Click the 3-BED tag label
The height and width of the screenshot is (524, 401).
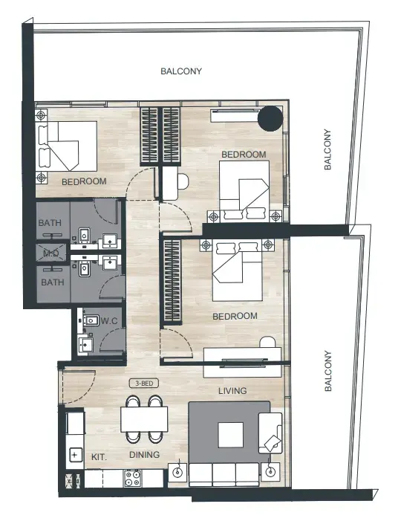(x=144, y=384)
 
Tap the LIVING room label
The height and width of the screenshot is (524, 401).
(x=232, y=391)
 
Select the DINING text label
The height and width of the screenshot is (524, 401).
(x=144, y=454)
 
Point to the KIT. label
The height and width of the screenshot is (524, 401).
(x=99, y=457)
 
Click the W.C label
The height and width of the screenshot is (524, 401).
(x=109, y=321)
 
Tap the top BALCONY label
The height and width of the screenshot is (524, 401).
(x=181, y=71)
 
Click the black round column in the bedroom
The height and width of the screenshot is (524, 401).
(x=270, y=118)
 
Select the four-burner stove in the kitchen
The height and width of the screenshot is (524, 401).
(x=132, y=478)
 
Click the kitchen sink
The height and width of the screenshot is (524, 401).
(x=75, y=455)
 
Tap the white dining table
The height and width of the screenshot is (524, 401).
(x=144, y=419)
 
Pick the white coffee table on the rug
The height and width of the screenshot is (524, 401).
(x=230, y=435)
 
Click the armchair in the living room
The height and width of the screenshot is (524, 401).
(x=270, y=433)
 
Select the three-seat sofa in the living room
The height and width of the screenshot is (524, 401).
(x=224, y=474)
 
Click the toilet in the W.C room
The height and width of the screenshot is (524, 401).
(x=91, y=321)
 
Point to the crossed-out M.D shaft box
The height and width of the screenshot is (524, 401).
(x=51, y=253)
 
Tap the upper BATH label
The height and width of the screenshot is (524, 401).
(x=50, y=222)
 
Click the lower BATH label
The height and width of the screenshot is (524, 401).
(x=53, y=282)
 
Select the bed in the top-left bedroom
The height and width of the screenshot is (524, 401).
(x=68, y=146)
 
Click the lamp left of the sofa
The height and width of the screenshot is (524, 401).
(x=177, y=472)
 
